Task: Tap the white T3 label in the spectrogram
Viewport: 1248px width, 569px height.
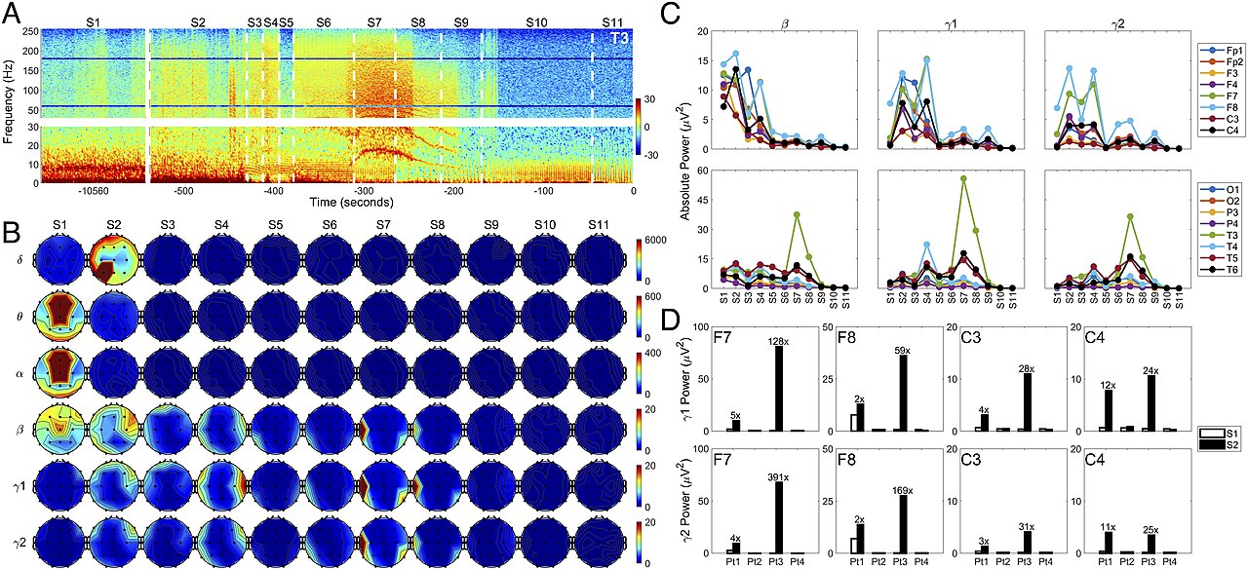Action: [618, 38]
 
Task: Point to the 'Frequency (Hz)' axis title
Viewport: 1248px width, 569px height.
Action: [10, 105]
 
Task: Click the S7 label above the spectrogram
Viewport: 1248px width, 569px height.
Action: [374, 21]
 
